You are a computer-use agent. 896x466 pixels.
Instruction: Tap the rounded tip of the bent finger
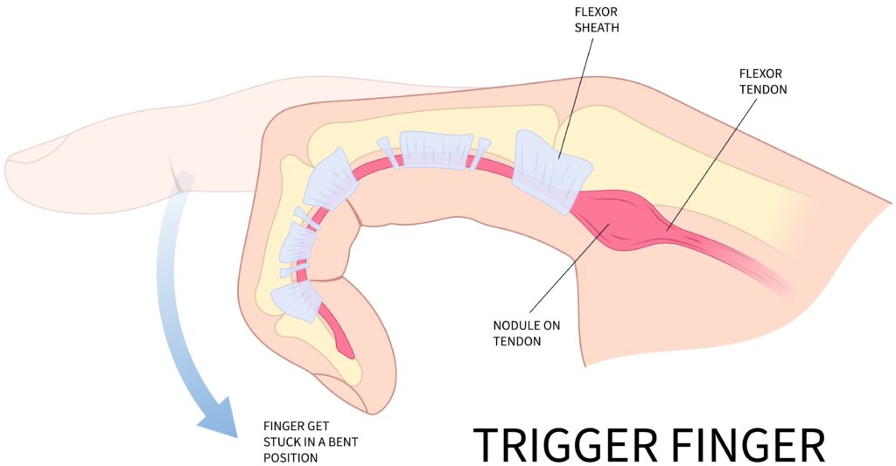372,398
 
